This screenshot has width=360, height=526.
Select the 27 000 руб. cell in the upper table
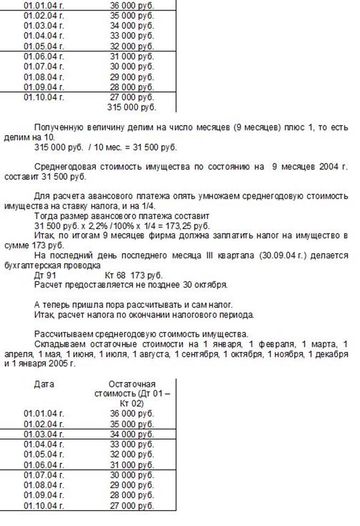(132, 98)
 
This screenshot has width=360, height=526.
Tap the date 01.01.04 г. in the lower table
(44, 413)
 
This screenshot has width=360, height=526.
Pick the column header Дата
(44, 384)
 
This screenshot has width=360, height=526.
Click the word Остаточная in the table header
(132, 384)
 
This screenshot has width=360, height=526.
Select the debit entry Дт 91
(44, 274)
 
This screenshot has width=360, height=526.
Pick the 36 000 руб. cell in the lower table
(132, 413)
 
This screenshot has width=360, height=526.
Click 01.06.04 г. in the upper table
(44, 56)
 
